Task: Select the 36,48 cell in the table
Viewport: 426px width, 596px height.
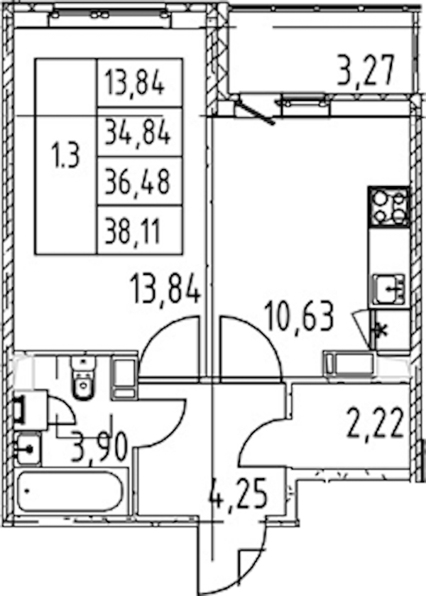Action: point(137,181)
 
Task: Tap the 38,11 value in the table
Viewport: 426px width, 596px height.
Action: point(133,230)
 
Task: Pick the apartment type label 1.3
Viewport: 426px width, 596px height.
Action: point(66,156)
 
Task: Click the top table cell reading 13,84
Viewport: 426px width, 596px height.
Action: point(135,83)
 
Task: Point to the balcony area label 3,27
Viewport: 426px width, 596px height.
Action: point(365,71)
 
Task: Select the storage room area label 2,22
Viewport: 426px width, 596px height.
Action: point(375,423)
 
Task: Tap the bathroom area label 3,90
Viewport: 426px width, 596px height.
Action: point(100,448)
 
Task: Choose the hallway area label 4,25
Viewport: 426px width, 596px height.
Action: point(239,494)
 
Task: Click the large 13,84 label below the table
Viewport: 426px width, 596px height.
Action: point(165,290)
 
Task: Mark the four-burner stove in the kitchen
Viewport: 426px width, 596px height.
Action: point(388,207)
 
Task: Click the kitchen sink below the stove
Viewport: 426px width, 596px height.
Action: point(389,290)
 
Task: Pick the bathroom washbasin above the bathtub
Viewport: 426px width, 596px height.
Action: point(28,449)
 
